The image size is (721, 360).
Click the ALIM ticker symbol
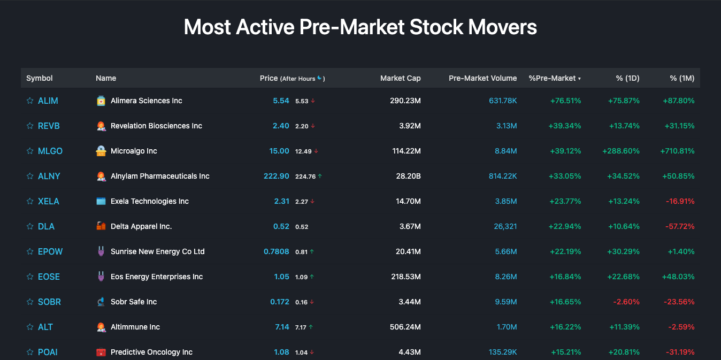click(x=48, y=101)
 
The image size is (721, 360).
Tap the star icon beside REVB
click(x=30, y=126)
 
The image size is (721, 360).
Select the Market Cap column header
click(x=400, y=78)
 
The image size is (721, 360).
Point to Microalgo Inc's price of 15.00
click(x=279, y=151)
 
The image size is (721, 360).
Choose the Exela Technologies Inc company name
click(x=150, y=201)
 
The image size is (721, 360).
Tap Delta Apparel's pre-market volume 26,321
click(x=505, y=226)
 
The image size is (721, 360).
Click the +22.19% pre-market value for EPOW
click(x=565, y=251)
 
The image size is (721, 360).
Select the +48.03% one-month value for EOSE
click(x=678, y=277)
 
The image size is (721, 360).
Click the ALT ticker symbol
click(x=45, y=327)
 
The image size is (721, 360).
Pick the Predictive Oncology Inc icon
click(x=101, y=352)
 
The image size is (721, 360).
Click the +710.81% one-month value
click(x=677, y=151)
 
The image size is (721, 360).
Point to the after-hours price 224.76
click(x=305, y=177)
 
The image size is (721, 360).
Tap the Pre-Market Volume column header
click(x=482, y=78)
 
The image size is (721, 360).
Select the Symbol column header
click(x=40, y=78)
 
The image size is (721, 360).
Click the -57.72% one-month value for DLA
click(x=680, y=226)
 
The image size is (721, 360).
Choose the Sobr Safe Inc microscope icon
click(x=101, y=302)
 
